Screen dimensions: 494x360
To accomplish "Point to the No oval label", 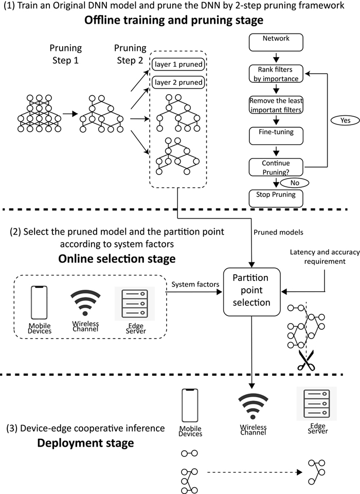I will (x=294, y=182).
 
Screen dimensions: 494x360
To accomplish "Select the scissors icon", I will (x=305, y=362).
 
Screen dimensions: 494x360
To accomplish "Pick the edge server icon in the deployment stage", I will (x=316, y=404).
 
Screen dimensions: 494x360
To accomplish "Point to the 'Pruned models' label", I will (x=278, y=232).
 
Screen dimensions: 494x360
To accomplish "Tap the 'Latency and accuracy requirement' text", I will (x=325, y=256).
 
